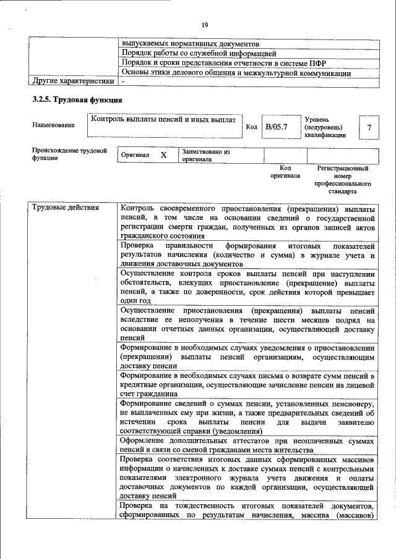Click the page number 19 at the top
204,24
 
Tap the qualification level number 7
369,127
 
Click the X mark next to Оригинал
163,155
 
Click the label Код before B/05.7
251,127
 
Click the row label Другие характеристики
73,80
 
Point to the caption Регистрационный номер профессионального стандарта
342,180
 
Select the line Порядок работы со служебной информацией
199,53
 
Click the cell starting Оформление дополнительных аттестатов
247,446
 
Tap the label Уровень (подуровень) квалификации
325,127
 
